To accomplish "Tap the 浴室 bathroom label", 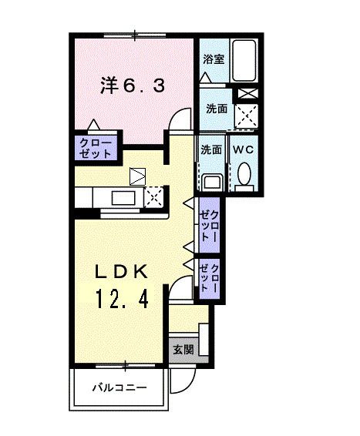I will point(214,59).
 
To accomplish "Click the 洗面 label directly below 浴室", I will point(216,109).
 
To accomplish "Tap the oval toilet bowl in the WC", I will point(244,174).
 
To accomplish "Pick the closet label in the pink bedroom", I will point(95,147).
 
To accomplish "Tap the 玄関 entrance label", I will point(183,349).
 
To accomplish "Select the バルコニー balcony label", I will point(120,387).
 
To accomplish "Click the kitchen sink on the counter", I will point(123,198).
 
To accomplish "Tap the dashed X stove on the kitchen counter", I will point(154,196).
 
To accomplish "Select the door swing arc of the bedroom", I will point(181,119).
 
